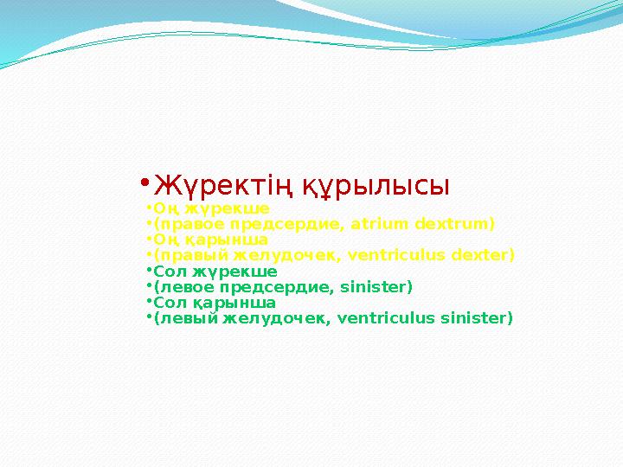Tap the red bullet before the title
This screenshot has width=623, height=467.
145,183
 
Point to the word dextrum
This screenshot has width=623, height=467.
454,224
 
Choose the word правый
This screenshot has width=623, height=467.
184,255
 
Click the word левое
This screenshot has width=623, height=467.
180,287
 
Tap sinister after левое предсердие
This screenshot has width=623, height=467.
378,287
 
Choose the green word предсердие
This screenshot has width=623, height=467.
260,287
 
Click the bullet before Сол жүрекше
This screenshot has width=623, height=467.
148,271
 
